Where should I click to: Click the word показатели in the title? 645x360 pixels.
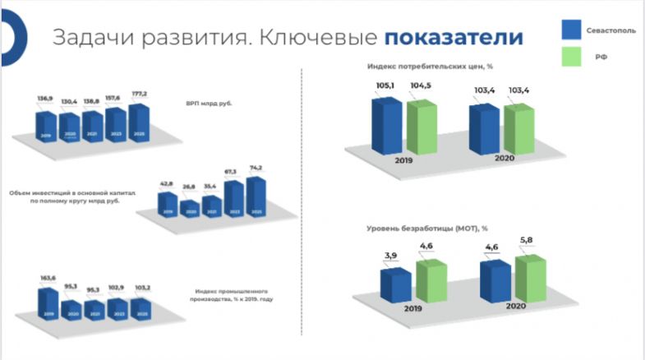point(454,38)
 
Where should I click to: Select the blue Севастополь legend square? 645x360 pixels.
point(571,29)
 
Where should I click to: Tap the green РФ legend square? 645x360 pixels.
point(571,58)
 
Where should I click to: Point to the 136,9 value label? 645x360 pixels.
point(45,99)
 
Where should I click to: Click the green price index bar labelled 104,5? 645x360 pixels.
point(422,128)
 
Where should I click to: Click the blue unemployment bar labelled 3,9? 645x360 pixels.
point(395,284)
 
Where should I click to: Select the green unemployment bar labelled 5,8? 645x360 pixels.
point(530,279)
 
